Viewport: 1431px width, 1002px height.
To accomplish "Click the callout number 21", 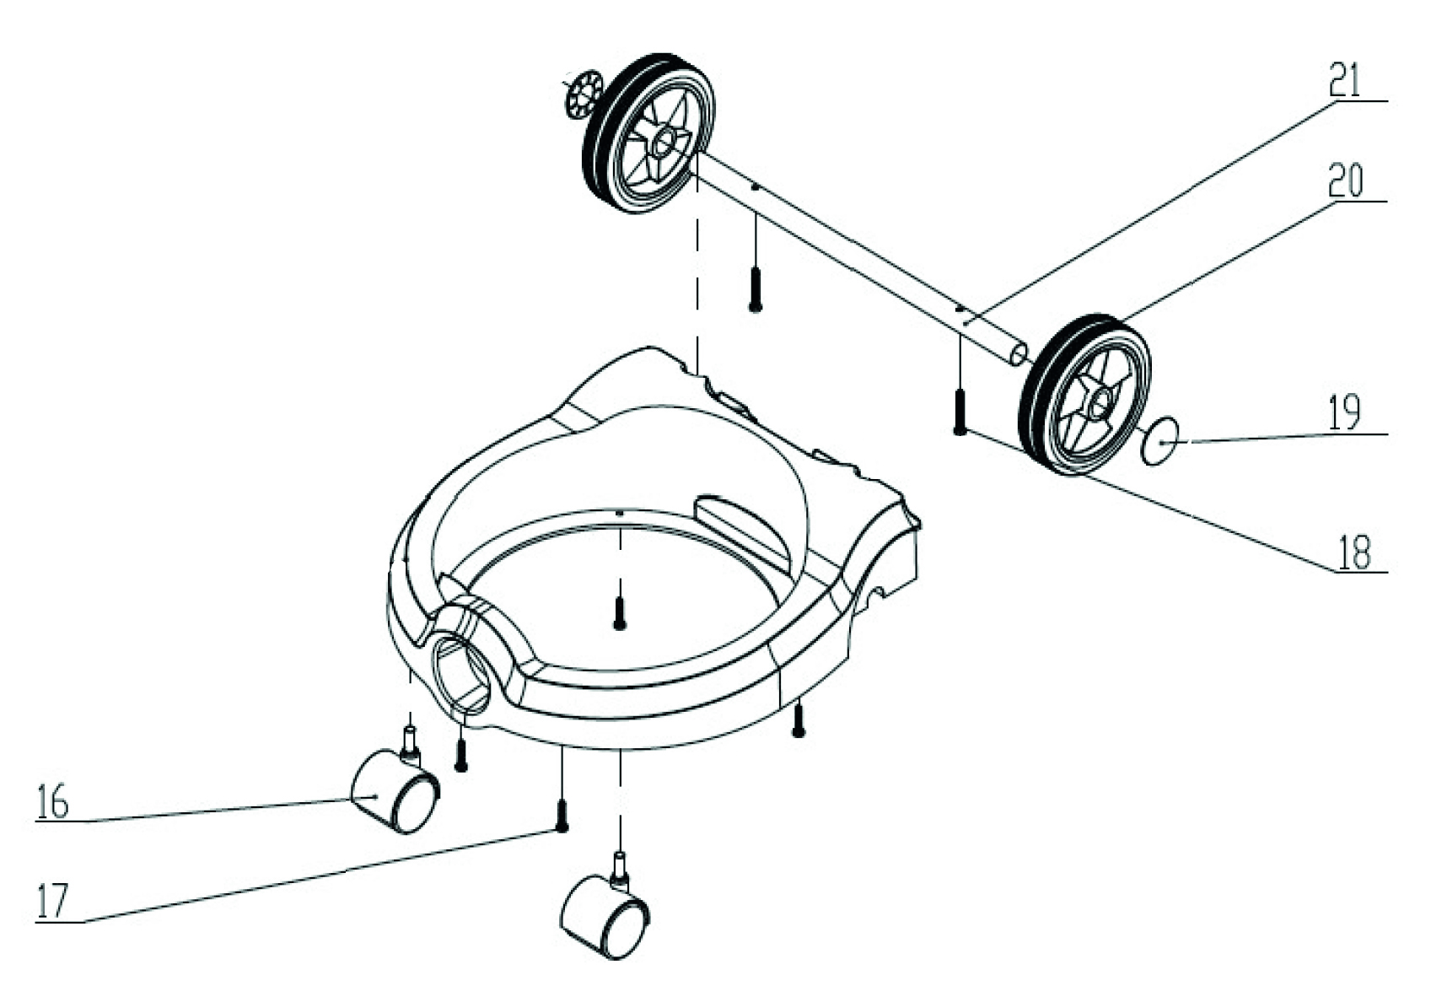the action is coord(1345,79).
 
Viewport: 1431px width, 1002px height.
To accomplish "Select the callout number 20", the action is coord(1345,180).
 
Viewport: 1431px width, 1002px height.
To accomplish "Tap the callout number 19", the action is coord(1344,412).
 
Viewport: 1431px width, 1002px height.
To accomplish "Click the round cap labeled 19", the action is coord(1159,442).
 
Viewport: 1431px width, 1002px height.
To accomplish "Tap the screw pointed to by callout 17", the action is coord(562,816).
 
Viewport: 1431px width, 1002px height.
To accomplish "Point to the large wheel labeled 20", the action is coord(1084,394).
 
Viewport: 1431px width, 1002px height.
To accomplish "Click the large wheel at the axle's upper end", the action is coord(648,133).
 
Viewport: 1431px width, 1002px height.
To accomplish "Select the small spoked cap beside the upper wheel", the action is coord(584,94).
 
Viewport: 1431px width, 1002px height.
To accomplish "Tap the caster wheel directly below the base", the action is coord(605,908).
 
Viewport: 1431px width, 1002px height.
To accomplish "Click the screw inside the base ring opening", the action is coord(618,613).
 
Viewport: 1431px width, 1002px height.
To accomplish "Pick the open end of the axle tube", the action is coord(1019,354).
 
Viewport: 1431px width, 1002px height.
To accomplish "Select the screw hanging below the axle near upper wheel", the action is coord(755,289).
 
